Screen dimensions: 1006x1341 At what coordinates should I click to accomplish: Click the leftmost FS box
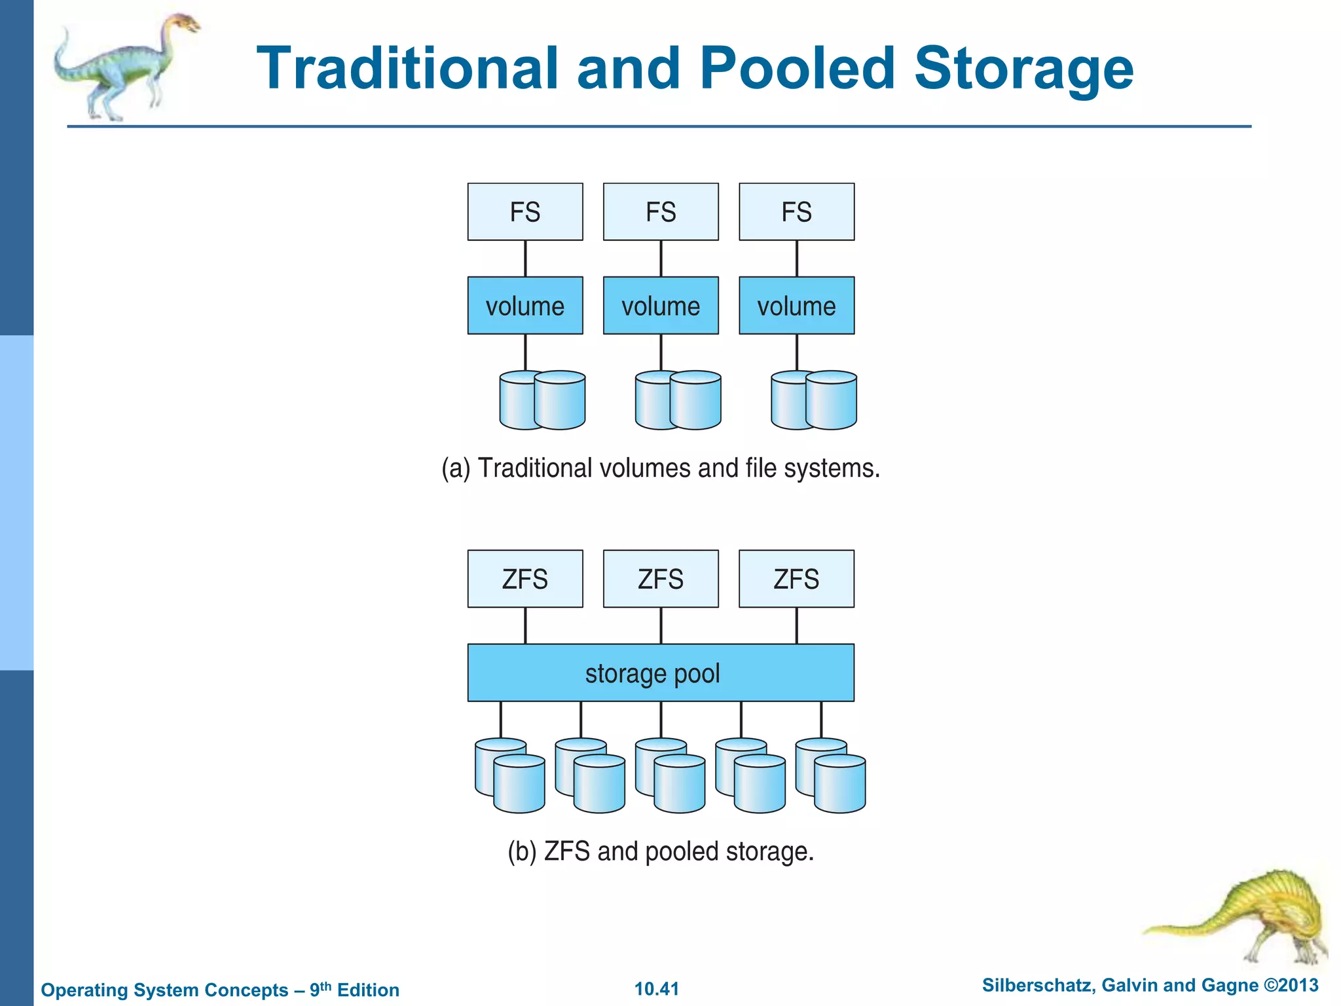525,212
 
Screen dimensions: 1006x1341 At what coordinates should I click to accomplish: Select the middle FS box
661,212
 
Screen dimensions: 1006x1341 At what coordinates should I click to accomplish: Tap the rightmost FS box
796,212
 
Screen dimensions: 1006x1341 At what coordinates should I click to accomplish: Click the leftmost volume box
525,305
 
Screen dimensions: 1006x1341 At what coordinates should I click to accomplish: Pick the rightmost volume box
796,305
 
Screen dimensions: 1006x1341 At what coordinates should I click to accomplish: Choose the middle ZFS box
661,578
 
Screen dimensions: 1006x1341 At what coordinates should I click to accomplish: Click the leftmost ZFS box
525,578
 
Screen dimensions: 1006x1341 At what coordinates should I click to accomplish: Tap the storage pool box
661,673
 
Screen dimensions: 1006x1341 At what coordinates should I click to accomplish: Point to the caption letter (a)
456,469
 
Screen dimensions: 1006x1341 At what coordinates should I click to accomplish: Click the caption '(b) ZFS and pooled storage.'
661,851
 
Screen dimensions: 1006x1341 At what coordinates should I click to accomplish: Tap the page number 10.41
657,989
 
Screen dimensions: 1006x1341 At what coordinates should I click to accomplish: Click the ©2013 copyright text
1291,985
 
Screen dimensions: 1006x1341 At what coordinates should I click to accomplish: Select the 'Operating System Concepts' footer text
164,990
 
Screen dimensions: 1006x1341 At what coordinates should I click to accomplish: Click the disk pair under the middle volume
678,400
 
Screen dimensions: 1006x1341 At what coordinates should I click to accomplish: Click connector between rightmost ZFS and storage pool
796,625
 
